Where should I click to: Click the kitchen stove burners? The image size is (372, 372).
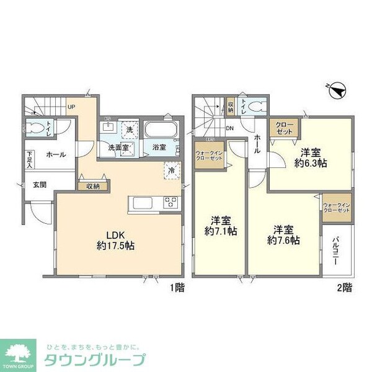(170, 203)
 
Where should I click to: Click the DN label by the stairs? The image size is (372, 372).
(229, 129)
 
